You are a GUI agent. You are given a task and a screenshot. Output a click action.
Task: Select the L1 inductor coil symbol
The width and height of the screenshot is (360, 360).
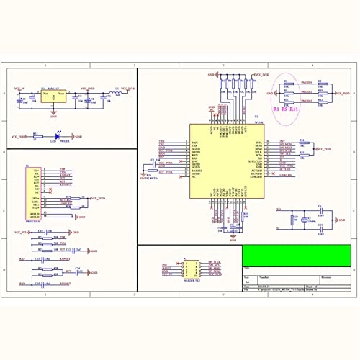[x=112, y=92]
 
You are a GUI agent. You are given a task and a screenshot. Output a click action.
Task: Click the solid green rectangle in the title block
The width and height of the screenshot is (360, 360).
[x=296, y=255]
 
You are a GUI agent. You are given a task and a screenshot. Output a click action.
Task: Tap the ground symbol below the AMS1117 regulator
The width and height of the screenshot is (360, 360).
[x=52, y=113]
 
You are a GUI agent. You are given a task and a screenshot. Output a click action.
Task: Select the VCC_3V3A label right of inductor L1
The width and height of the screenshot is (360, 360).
[x=127, y=88]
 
